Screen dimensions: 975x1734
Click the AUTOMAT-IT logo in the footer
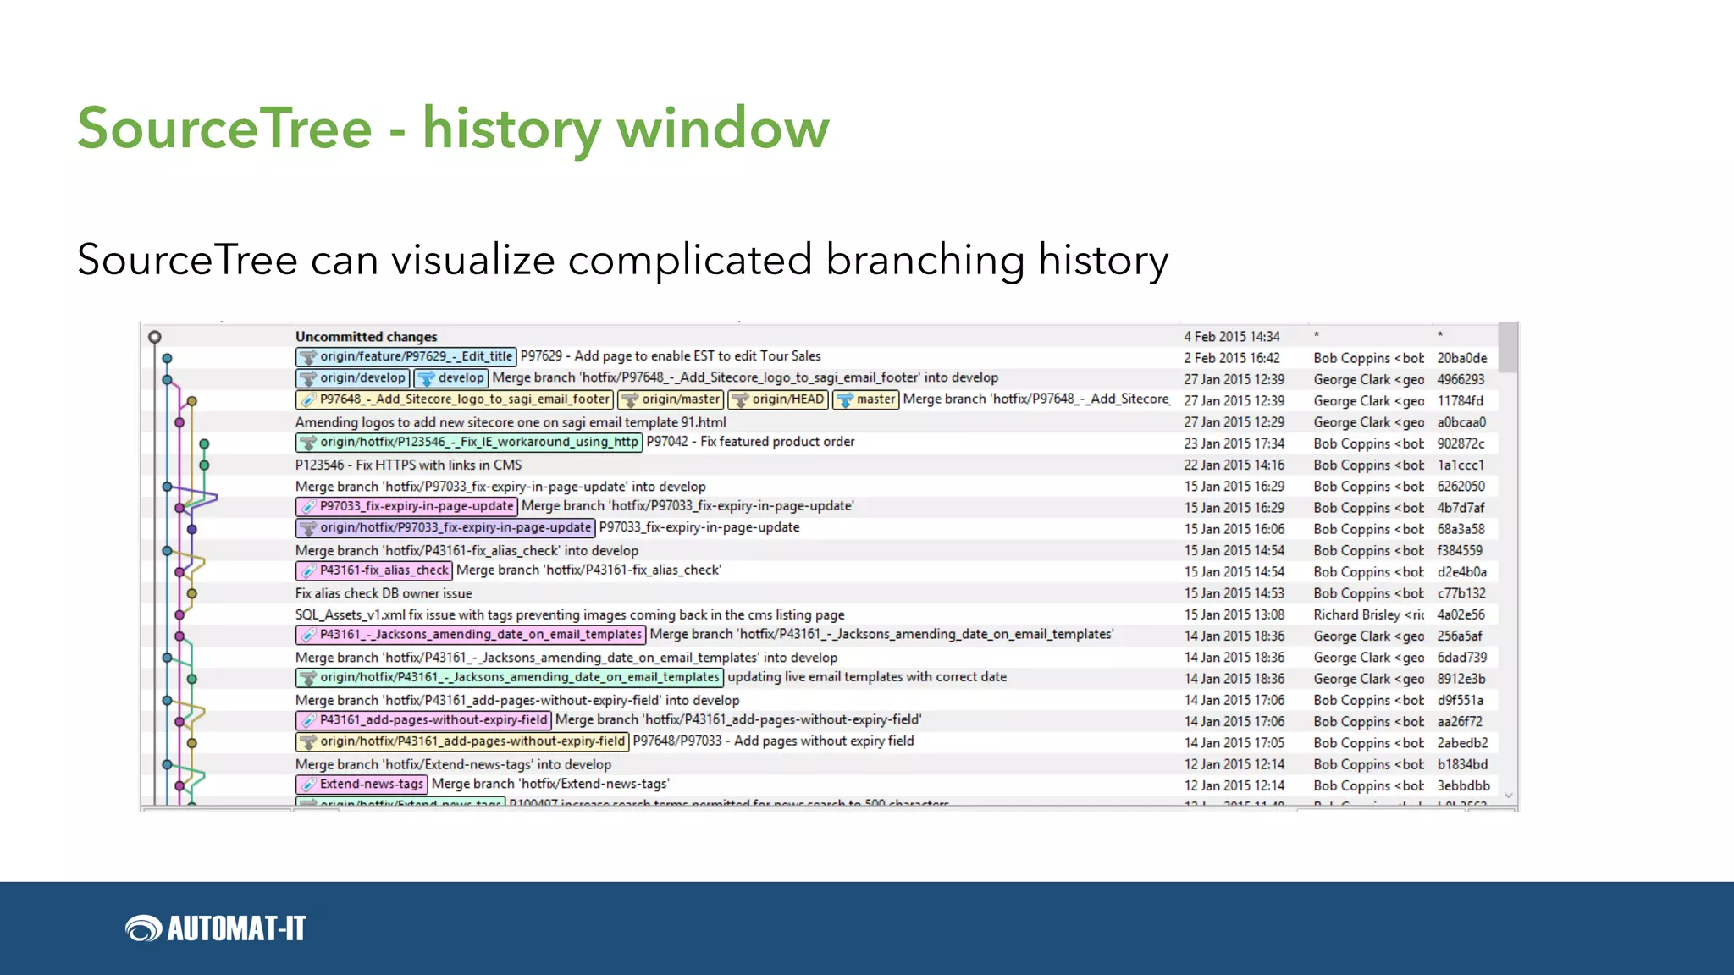tap(216, 928)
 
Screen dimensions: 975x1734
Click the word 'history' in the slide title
tap(511, 129)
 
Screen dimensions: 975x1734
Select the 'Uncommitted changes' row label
tap(366, 337)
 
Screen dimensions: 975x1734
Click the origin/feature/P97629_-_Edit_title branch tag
tap(406, 357)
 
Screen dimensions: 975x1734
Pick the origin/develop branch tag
tap(353, 378)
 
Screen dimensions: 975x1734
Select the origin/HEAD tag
tap(778, 399)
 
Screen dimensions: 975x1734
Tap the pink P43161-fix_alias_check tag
tap(374, 571)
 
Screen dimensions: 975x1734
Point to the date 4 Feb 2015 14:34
tap(1231, 337)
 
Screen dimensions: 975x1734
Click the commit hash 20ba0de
tap(1461, 358)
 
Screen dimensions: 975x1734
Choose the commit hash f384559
tap(1460, 550)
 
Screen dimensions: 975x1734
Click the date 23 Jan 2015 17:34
tap(1234, 443)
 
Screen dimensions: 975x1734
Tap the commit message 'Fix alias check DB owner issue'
tap(384, 593)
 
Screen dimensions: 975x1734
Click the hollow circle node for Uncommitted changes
tap(154, 337)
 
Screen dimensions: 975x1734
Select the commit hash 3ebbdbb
tap(1463, 785)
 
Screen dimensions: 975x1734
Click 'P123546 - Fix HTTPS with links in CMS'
tap(408, 465)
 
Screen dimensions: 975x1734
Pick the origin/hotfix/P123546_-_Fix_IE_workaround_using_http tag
tap(469, 443)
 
